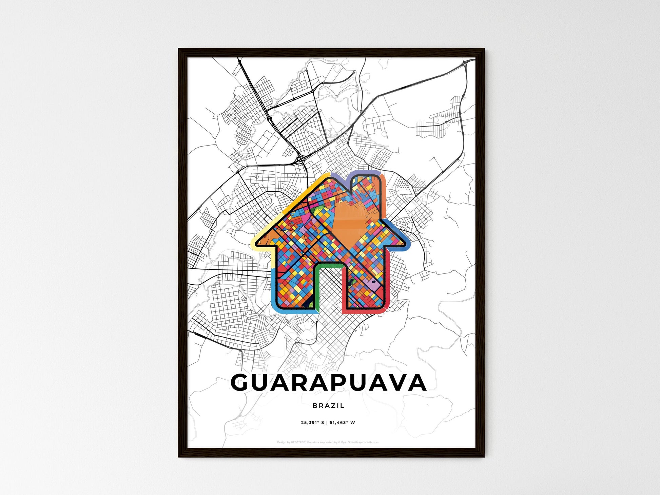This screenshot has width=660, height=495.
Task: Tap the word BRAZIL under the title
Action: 328,405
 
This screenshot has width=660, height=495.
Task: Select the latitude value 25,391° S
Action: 312,423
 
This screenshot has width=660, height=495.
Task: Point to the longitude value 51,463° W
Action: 342,423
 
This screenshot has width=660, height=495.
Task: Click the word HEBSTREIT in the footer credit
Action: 298,442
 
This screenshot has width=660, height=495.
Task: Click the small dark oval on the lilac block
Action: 374,282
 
